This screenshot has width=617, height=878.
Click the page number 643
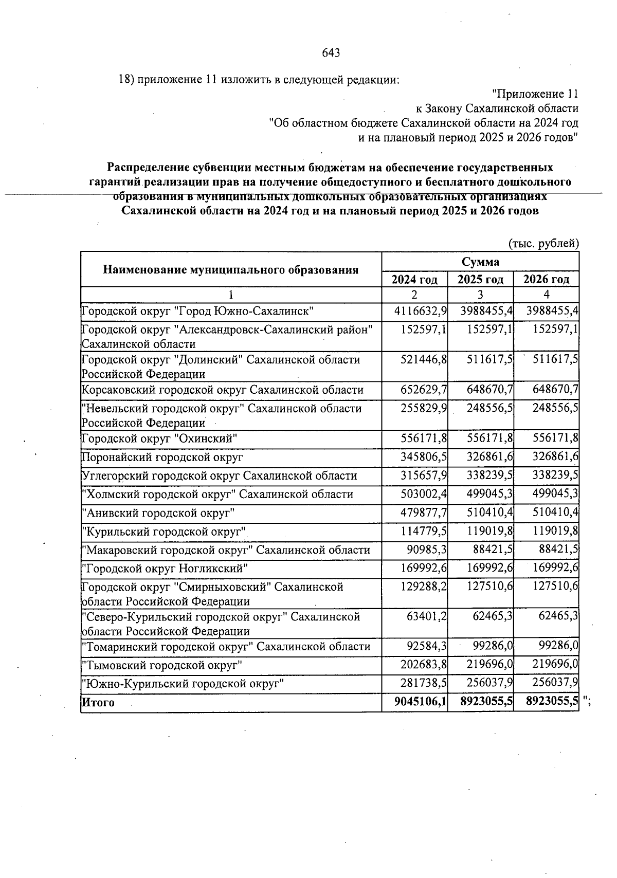coord(331,53)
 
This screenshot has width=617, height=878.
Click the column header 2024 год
coord(414,280)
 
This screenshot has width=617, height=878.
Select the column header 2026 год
coord(546,280)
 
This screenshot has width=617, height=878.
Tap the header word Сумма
coord(480,262)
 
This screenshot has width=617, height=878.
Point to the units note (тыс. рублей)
coord(543,243)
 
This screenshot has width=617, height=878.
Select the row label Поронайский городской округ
coord(162,457)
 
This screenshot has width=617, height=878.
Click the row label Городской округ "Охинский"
coord(160,438)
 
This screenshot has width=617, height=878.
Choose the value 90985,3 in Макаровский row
coord(427,550)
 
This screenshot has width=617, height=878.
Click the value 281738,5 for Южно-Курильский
coord(424,683)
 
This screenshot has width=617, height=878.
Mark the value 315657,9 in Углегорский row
coord(424,475)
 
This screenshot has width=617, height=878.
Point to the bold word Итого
coord(98,702)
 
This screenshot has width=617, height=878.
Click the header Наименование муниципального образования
coord(230,270)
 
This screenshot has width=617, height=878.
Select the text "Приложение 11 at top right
coord(535,94)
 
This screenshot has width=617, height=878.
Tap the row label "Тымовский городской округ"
coord(162,665)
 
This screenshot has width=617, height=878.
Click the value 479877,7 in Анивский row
coord(424,513)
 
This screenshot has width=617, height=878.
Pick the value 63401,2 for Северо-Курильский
coord(427,616)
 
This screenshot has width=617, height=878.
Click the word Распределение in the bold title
coord(148,168)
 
